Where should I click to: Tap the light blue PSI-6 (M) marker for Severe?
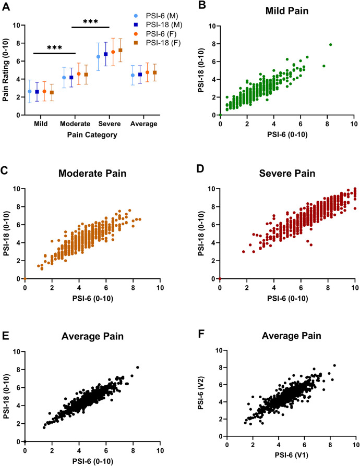[x=98, y=56]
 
